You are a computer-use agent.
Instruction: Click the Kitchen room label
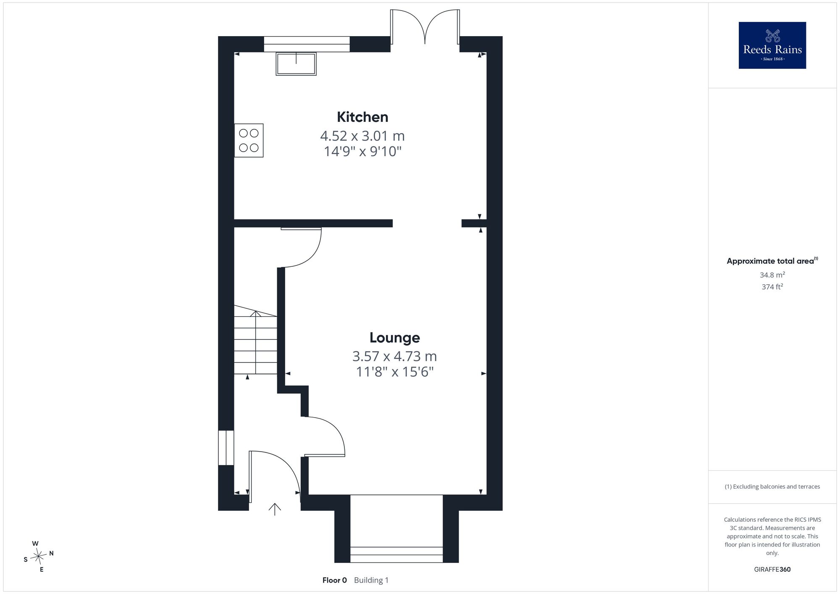point(362,117)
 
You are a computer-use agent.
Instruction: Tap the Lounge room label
point(395,337)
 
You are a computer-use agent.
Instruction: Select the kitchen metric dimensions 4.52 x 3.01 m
point(362,136)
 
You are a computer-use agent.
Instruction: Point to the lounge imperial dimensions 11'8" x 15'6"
point(395,372)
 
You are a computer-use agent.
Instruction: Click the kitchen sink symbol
point(296,64)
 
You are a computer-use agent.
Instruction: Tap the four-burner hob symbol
point(249,140)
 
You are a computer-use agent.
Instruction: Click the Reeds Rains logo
point(772,45)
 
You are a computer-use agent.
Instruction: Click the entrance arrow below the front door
point(275,509)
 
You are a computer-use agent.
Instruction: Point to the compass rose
point(39,557)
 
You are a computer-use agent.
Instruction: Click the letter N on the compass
point(51,553)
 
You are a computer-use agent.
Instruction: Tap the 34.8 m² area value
point(772,275)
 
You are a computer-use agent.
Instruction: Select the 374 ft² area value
point(772,287)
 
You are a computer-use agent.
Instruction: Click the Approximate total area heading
point(772,261)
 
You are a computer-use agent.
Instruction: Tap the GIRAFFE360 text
point(772,570)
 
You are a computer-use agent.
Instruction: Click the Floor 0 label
point(335,580)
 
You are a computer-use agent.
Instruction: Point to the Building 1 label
point(371,580)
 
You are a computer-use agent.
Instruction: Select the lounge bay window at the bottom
point(396,555)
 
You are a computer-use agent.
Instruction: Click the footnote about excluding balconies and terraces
point(772,486)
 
